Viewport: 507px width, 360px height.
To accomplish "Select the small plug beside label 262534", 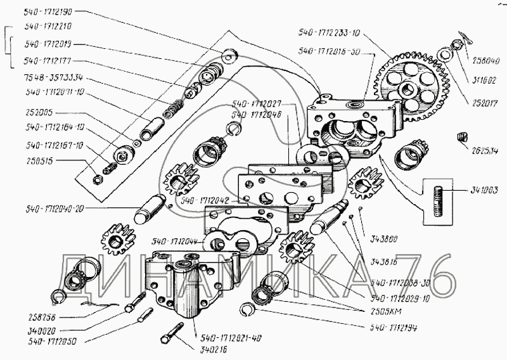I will (x=462, y=136).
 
